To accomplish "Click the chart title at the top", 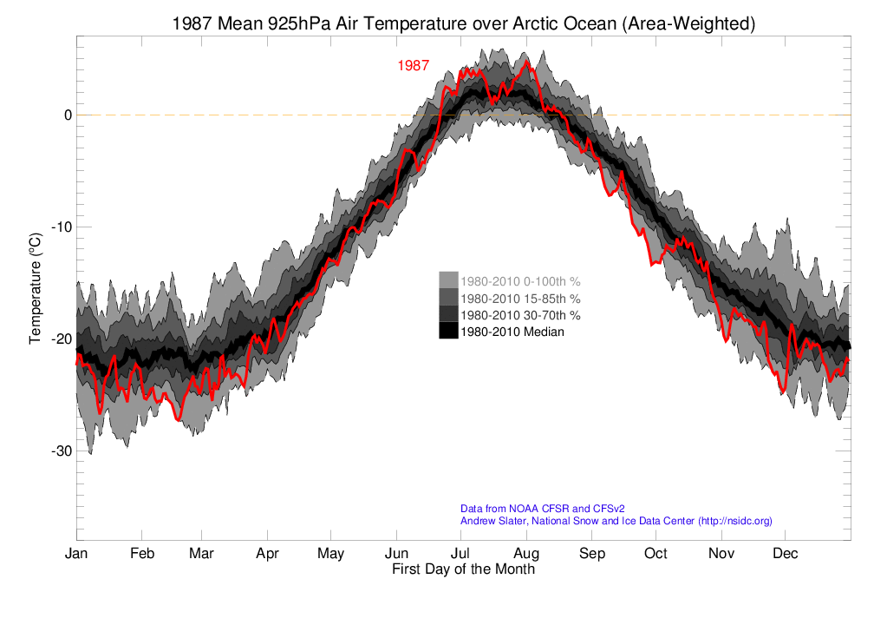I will [464, 24].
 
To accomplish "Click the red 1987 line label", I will [414, 66].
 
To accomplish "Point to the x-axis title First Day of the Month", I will [463, 570].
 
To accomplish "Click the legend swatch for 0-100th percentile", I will [447, 280].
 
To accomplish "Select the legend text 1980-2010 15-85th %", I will [520, 298].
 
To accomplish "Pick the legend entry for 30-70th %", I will [520, 314].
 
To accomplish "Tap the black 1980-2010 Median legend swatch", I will [447, 331].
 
